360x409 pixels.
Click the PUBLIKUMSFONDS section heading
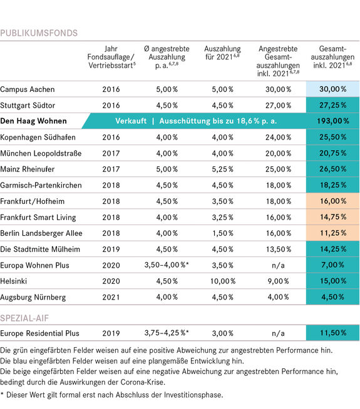[39, 33]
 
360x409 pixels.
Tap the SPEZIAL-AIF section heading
[24, 318]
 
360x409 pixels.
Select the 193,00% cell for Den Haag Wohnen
[333, 121]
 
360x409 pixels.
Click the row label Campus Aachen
[28, 89]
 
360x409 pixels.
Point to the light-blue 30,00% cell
[333, 89]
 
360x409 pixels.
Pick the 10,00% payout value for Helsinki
[223, 281]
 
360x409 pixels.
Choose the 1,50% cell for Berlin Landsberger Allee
[223, 233]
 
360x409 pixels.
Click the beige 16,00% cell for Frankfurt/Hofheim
[333, 201]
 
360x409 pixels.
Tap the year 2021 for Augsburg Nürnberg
[111, 297]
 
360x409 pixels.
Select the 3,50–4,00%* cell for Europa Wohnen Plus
[167, 265]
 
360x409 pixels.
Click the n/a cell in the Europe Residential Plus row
[278, 333]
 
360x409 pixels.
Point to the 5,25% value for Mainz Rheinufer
[223, 169]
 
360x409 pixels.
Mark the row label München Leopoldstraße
[41, 153]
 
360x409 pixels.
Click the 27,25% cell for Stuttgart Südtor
[333, 105]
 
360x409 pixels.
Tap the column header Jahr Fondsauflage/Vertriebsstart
[111, 57]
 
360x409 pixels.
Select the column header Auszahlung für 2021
[222, 53]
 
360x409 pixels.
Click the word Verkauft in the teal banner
[131, 121]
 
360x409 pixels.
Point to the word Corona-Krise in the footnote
[143, 382]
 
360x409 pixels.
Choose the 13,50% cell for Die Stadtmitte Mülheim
[278, 249]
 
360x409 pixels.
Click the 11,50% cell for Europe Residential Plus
[333, 333]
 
